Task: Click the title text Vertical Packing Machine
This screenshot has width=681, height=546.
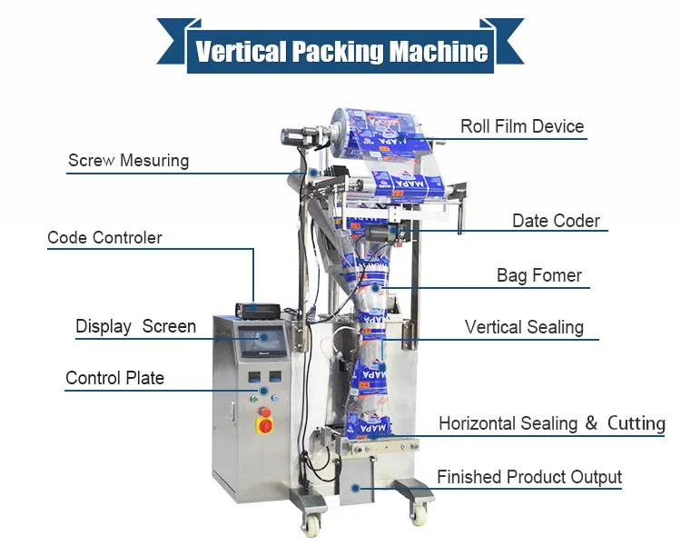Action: pyautogui.click(x=341, y=50)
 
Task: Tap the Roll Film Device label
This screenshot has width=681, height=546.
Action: pyautogui.click(x=521, y=126)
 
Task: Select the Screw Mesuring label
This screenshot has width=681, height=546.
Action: pyautogui.click(x=128, y=161)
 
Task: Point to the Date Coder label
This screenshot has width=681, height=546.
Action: pyautogui.click(x=556, y=221)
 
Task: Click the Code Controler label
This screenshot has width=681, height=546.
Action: pyautogui.click(x=104, y=238)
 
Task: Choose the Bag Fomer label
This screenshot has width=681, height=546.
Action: pyautogui.click(x=538, y=275)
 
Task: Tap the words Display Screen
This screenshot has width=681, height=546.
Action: pyautogui.click(x=135, y=326)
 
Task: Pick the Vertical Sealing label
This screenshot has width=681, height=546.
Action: pyautogui.click(x=524, y=327)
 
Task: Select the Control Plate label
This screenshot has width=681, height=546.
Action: pyautogui.click(x=114, y=378)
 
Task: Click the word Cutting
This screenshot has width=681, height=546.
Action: pyautogui.click(x=636, y=423)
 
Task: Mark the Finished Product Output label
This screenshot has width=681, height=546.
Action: pyautogui.click(x=528, y=477)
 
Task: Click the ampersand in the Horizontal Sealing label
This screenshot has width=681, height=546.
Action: pyautogui.click(x=591, y=423)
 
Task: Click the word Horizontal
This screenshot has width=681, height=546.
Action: pyautogui.click(x=478, y=423)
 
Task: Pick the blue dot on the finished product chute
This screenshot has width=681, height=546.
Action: pyautogui.click(x=357, y=489)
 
